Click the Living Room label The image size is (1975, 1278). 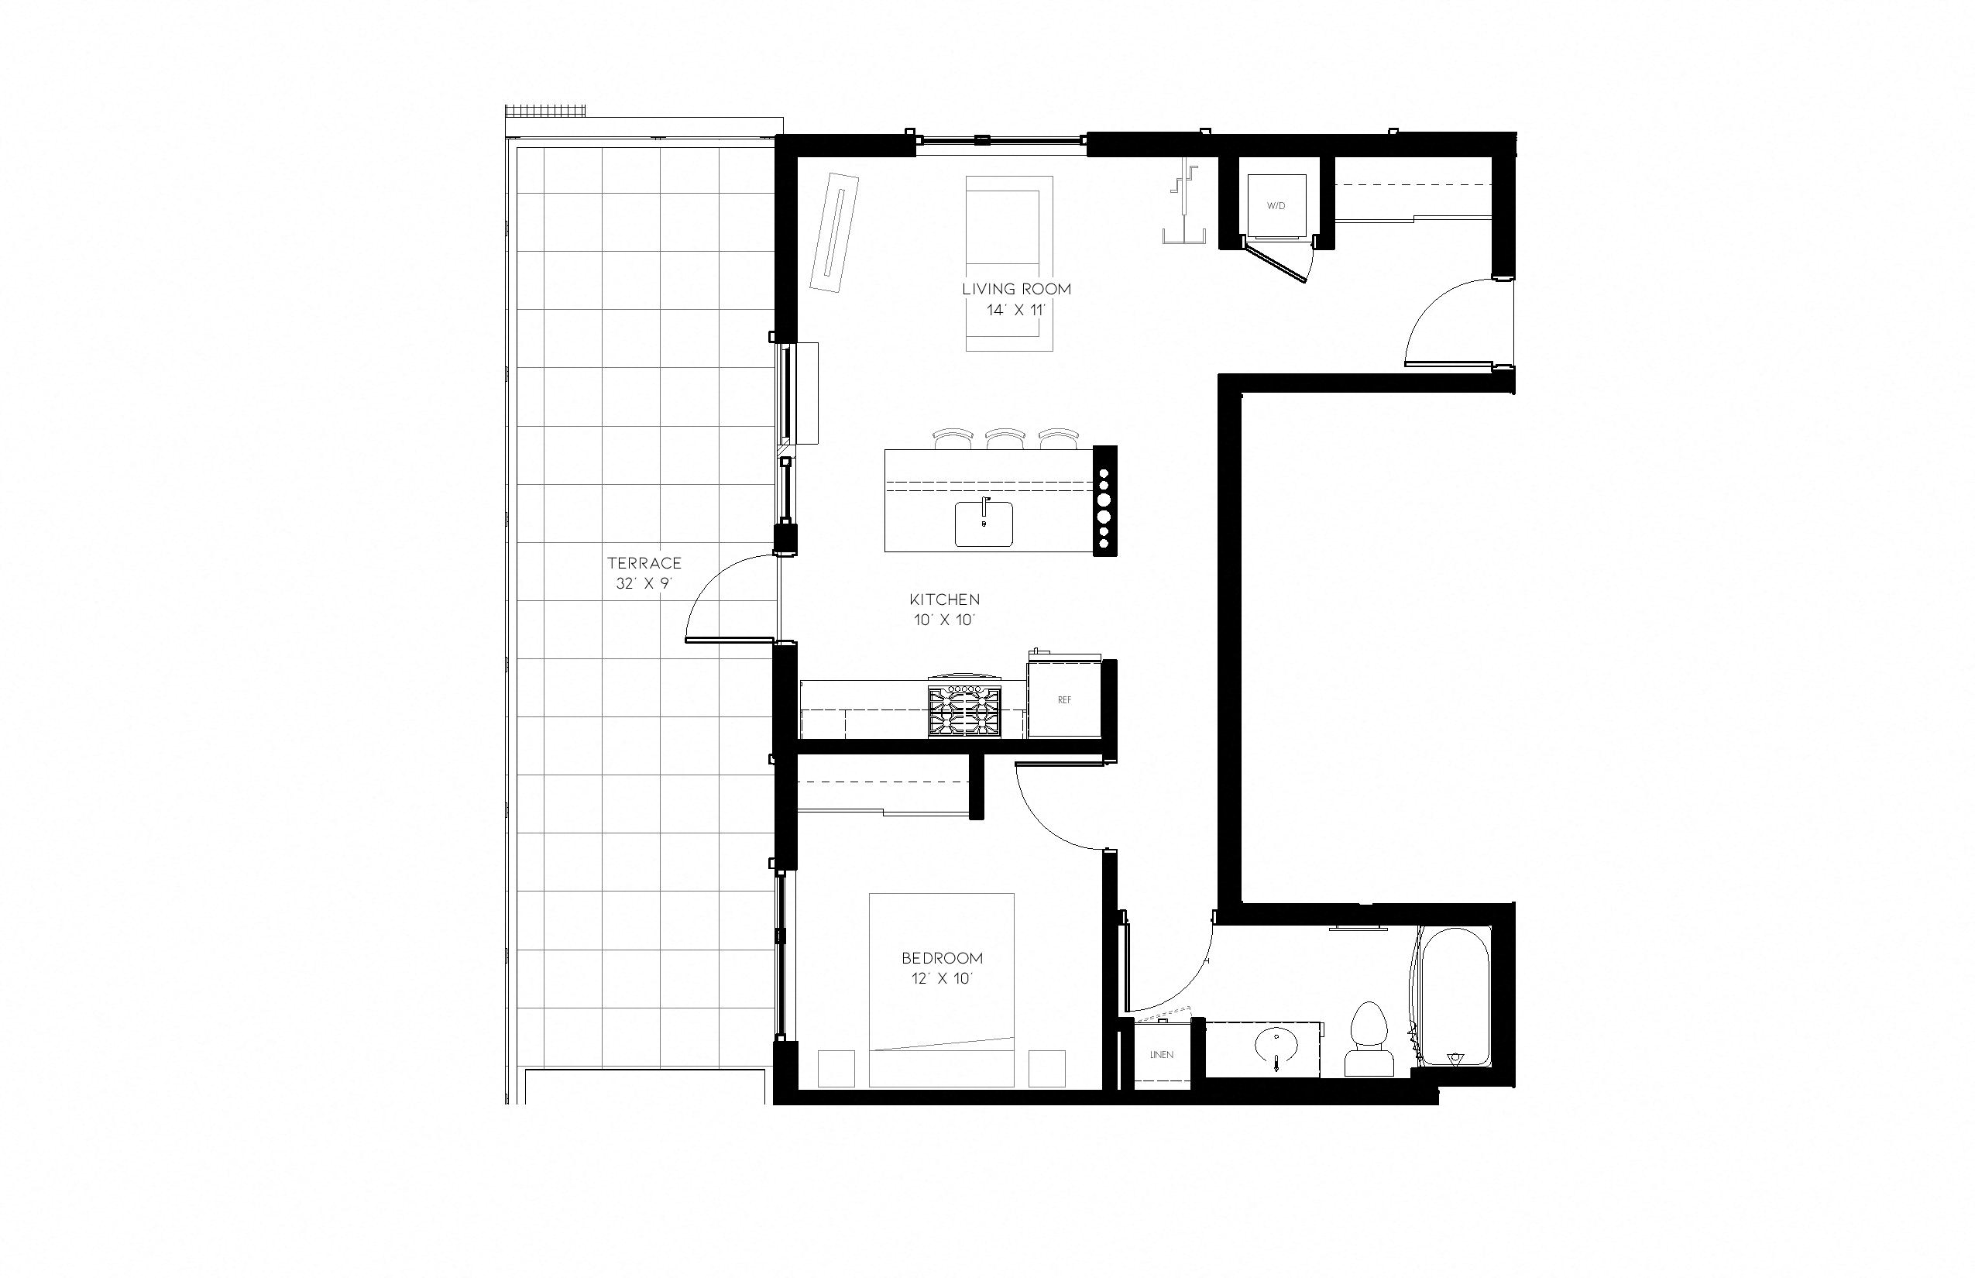[x=1015, y=289]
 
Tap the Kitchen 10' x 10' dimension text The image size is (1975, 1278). [x=944, y=620]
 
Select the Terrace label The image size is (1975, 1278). [x=644, y=562]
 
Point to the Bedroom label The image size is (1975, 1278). [x=942, y=957]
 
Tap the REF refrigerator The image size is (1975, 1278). [x=1065, y=699]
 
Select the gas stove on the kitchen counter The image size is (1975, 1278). [x=964, y=710]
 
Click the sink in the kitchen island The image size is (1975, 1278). [x=984, y=524]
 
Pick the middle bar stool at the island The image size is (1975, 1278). [x=1005, y=438]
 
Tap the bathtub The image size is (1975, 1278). [x=1455, y=996]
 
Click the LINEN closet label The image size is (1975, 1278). [x=1162, y=1055]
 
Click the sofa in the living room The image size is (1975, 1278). [x=1009, y=263]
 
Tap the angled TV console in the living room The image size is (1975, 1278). [x=835, y=232]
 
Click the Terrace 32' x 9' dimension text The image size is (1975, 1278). [x=643, y=583]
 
